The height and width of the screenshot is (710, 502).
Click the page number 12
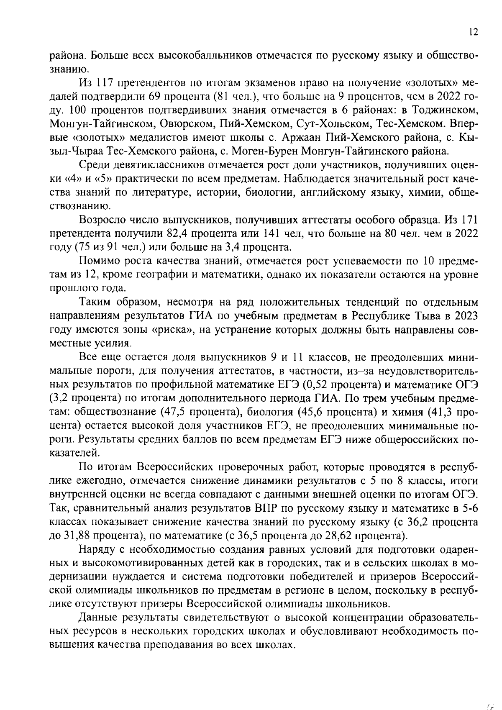[x=473, y=32]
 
